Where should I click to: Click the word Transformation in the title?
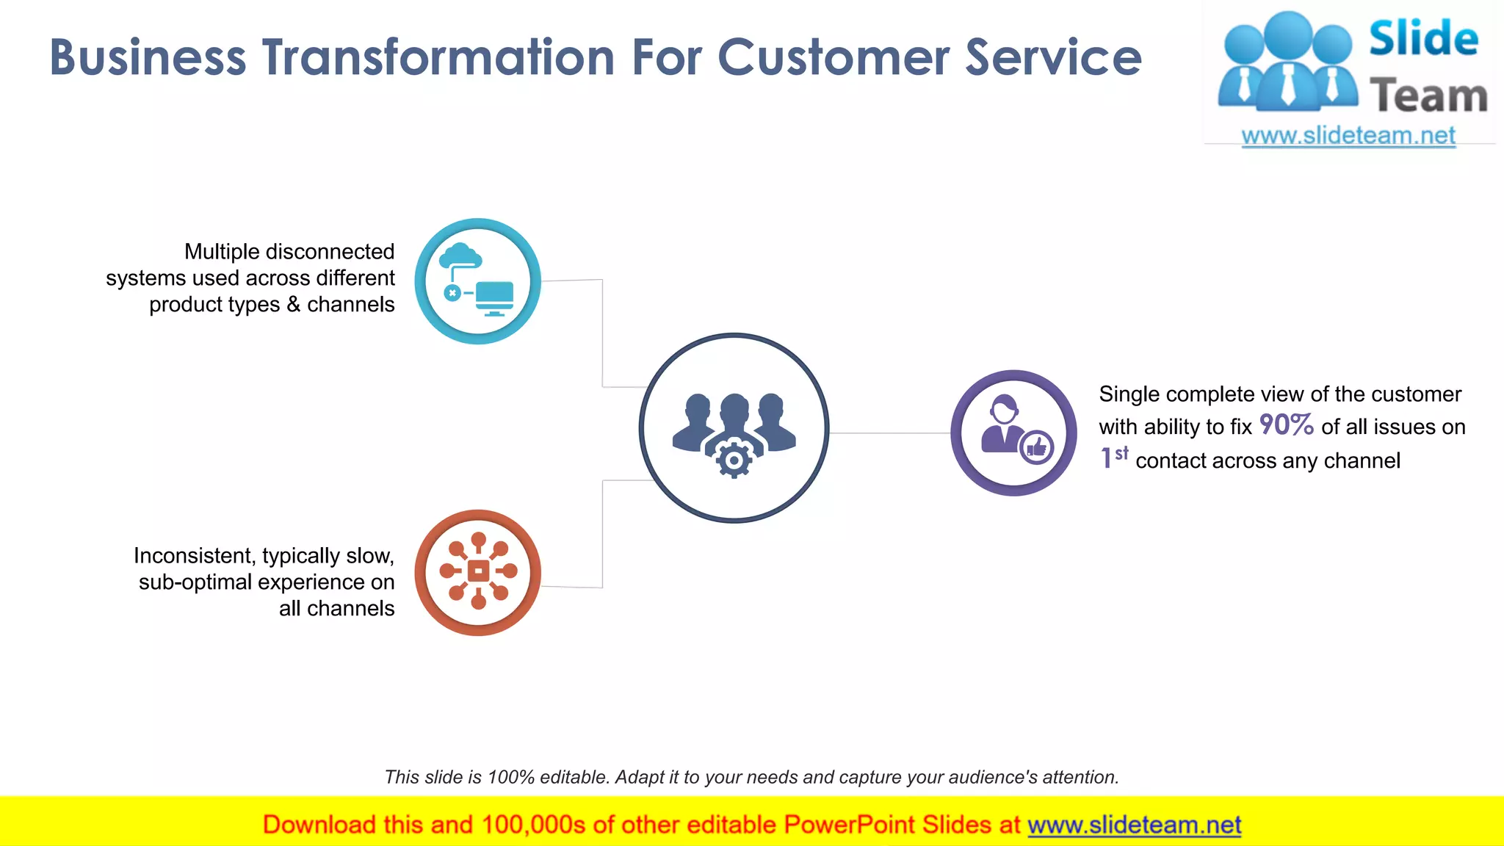[438, 57]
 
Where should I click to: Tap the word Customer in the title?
[833, 57]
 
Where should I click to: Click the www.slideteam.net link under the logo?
[1348, 136]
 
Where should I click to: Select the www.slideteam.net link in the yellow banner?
[1134, 825]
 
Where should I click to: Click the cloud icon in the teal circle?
[460, 256]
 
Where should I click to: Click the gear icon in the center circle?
[734, 460]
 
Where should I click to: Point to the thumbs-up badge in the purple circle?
[1037, 446]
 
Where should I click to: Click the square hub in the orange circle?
[478, 571]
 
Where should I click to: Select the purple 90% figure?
[1286, 425]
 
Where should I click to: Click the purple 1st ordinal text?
[1113, 458]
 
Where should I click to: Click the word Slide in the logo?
[1423, 38]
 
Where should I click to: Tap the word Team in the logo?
[1428, 96]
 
